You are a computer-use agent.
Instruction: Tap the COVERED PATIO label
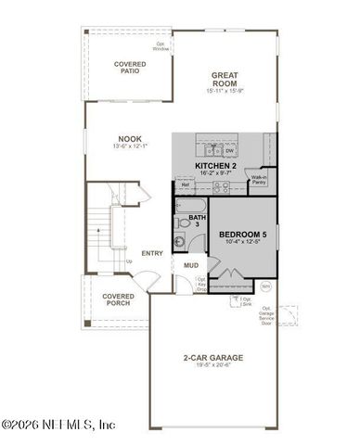coord(130,67)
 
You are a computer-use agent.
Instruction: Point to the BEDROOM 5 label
coord(243,235)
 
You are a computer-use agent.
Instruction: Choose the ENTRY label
coord(152,253)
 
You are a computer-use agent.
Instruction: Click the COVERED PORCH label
coord(119,300)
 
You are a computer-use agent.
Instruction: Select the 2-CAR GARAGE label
coord(212,358)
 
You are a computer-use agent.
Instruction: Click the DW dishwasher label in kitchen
coord(228,150)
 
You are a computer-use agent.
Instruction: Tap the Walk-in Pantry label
coord(259,180)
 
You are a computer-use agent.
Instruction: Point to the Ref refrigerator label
coord(186,184)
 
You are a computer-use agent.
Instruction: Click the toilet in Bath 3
coord(184,243)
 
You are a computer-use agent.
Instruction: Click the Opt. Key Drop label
coord(201,284)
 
